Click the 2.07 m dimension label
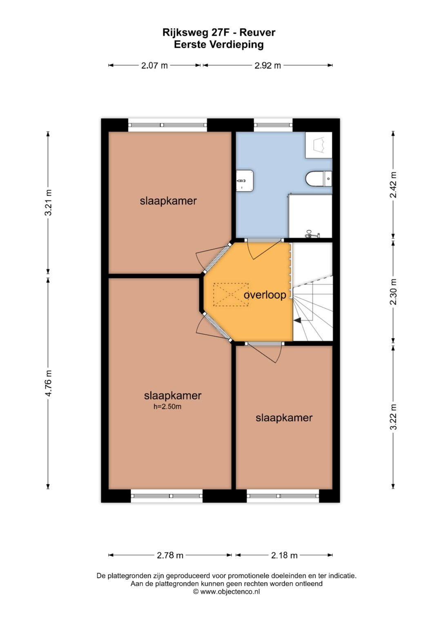click(x=154, y=65)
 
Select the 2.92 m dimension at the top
click(x=267, y=65)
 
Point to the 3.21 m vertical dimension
click(x=48, y=203)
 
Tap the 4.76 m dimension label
click(x=48, y=383)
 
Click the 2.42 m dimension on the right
click(x=393, y=185)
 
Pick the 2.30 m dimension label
click(x=393, y=292)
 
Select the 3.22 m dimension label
click(x=393, y=417)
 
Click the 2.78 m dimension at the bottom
click(x=170, y=555)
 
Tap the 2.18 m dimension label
click(x=284, y=555)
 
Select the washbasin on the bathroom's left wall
click(x=245, y=180)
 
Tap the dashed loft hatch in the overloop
click(x=231, y=294)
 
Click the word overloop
click(x=265, y=295)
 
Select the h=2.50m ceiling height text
click(x=167, y=407)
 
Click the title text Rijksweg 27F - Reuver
click(x=219, y=32)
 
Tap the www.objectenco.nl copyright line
click(x=226, y=591)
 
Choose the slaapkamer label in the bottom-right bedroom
click(x=284, y=418)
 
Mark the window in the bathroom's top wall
click(x=273, y=125)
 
